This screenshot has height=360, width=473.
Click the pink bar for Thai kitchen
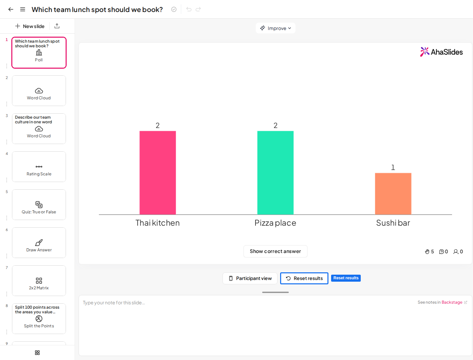158,173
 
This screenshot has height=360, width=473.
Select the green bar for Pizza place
275,173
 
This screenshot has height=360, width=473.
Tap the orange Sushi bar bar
393,194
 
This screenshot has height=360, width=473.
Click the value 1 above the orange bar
393,167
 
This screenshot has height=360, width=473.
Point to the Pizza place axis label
275,223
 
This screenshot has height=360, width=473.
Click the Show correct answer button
275,251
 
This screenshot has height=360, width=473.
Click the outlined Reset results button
304,278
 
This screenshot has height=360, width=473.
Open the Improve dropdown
275,28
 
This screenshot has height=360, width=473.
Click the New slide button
30,26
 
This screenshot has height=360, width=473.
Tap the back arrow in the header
11,9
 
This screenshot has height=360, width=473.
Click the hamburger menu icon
23,9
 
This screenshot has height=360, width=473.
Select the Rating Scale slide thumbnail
39,167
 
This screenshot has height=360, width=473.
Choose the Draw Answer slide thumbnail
39,243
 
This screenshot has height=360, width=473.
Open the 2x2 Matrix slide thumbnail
39,281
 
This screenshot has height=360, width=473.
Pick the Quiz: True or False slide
39,205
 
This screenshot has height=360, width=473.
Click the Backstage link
452,302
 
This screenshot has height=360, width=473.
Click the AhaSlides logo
441,52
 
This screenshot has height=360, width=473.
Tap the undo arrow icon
189,9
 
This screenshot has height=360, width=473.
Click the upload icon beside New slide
57,26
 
